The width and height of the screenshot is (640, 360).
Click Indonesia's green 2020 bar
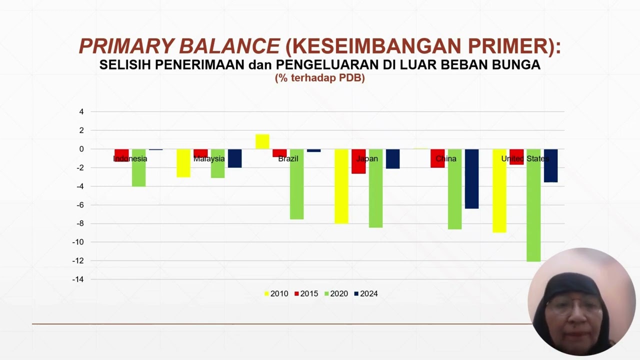pos(139,167)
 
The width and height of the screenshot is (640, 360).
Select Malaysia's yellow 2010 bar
pos(183,163)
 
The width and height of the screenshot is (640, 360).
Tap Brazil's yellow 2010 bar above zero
pos(262,141)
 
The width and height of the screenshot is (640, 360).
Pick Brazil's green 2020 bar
pos(297,184)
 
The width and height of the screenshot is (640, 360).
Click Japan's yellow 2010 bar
pos(341,186)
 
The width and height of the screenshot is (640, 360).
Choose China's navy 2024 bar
pos(471,179)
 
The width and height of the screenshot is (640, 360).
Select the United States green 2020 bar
pos(533,205)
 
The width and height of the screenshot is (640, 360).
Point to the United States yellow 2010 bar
pos(499,191)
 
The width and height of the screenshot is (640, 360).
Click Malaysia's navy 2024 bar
pos(235,158)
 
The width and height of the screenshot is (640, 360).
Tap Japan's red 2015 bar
pos(358,161)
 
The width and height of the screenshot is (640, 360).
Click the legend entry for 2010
pos(276,293)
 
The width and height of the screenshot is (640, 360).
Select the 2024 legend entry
pos(366,293)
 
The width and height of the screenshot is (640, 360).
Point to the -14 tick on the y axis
pos(78,279)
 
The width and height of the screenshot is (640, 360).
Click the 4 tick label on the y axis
pos(81,111)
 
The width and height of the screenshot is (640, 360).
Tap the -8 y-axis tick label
pos(80,223)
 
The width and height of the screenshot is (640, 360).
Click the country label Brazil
pos(288,159)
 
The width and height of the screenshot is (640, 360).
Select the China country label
pos(446,159)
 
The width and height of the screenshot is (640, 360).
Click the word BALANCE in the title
pos(229,46)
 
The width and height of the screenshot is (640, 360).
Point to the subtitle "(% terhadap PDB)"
pos(320,78)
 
